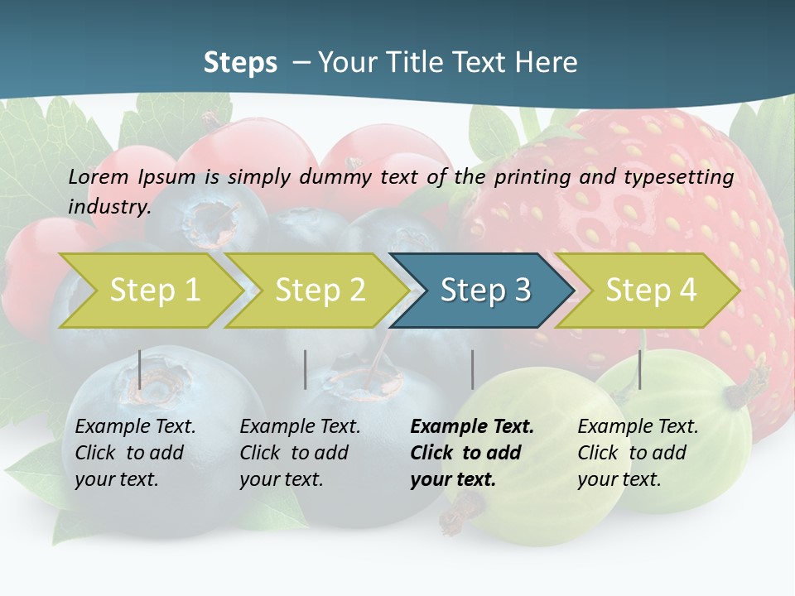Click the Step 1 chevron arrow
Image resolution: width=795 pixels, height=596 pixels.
[149, 291]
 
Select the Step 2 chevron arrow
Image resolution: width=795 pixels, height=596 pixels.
[315, 291]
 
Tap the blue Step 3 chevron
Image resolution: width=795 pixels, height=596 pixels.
[480, 291]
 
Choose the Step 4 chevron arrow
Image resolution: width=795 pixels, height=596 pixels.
[646, 291]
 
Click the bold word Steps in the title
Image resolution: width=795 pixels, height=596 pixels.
[240, 63]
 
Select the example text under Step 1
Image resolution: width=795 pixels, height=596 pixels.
[134, 453]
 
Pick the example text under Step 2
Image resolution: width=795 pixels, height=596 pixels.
[299, 453]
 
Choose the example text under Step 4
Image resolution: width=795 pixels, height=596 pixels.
[637, 453]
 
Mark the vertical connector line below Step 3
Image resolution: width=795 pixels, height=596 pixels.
[472, 369]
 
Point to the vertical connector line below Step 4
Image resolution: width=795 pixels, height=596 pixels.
[639, 369]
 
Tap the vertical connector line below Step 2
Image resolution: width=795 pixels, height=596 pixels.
[306, 369]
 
